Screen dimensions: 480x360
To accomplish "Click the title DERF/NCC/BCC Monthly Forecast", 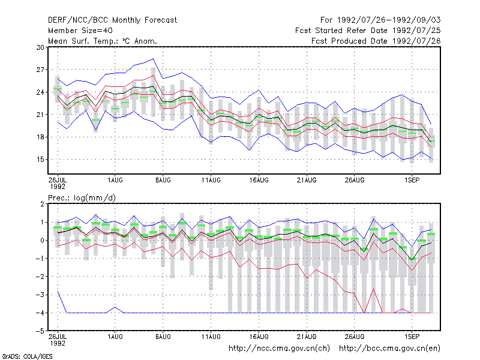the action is tap(112, 20).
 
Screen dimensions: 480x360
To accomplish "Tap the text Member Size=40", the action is tap(80, 31).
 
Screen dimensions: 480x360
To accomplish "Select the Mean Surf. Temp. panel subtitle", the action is tap(103, 41).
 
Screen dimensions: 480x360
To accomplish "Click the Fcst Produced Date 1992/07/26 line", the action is tap(376, 41).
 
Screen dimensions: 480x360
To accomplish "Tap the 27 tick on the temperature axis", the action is tap(40, 70).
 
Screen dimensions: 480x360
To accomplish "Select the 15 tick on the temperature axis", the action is tap(40, 160).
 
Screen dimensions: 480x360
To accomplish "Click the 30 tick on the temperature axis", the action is tap(40, 47).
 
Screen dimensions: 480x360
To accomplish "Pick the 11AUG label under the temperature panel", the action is tap(211, 181).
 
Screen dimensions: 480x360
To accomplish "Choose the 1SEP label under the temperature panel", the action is tap(412, 181).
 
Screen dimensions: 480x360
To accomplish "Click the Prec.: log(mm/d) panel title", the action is tap(82, 198).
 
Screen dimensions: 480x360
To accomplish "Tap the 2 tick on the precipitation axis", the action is tap(42, 204).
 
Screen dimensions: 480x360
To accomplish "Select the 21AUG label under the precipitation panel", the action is tap(307, 337).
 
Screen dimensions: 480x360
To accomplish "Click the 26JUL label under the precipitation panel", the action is tap(58, 337).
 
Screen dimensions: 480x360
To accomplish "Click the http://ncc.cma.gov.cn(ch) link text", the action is tap(279, 349).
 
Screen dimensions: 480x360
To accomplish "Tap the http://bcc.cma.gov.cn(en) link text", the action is tap(389, 349).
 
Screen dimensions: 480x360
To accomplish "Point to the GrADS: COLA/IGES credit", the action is tap(27, 356).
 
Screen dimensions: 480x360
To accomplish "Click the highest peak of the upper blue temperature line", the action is tap(153, 58).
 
